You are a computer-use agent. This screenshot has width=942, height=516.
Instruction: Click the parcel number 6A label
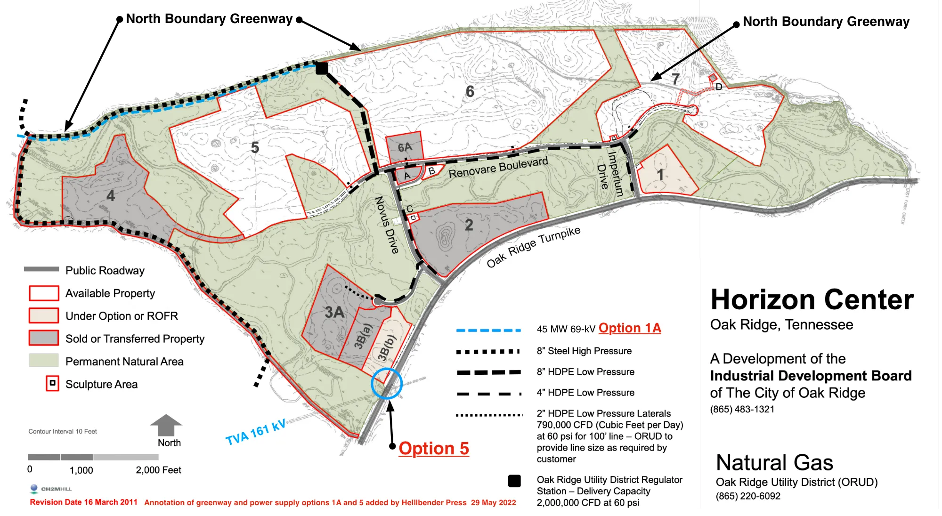[x=405, y=147]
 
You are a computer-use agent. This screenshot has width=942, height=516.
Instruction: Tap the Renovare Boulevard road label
[x=498, y=168]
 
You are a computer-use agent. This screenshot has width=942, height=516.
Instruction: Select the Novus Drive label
[x=387, y=225]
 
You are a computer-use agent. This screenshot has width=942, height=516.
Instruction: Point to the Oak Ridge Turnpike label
[x=533, y=247]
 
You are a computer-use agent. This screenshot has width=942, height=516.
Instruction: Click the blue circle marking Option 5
[x=386, y=384]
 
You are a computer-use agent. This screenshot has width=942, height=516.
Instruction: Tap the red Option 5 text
[x=434, y=449]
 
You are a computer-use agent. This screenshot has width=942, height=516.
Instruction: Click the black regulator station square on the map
[x=322, y=69]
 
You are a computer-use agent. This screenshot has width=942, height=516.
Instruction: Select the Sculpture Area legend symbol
[x=52, y=383]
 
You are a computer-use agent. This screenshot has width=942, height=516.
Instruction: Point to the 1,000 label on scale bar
[x=81, y=470]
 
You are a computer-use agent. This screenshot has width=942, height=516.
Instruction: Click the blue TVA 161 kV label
[x=256, y=433]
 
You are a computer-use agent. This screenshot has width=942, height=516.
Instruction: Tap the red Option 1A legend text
[x=630, y=328]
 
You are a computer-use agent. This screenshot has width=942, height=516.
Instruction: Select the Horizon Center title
[x=812, y=300]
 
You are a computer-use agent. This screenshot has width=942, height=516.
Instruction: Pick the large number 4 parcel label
[x=111, y=195]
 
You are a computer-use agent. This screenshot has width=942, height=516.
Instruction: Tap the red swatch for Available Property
[x=44, y=293]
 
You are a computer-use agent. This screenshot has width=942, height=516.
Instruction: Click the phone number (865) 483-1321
[x=742, y=409]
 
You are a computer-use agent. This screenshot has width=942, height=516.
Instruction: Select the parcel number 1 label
[x=660, y=175]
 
